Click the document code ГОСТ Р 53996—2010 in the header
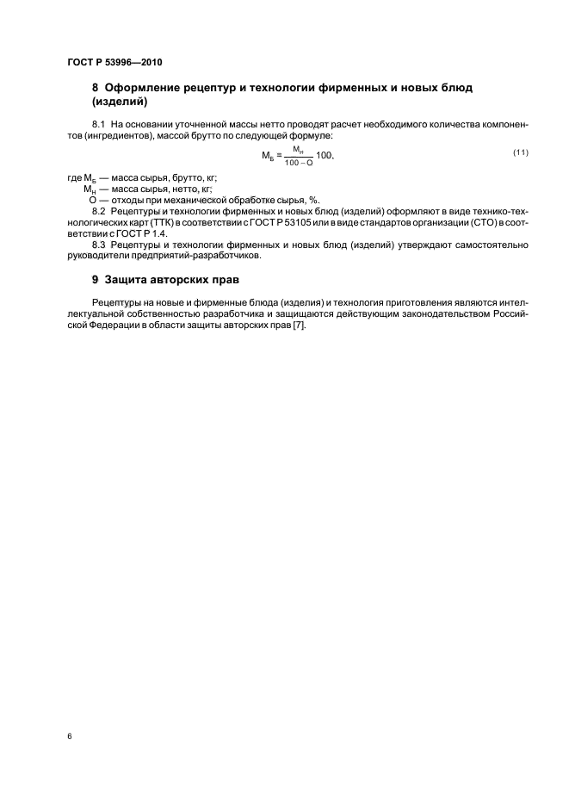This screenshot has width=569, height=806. (114, 62)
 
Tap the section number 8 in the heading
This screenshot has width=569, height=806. (95, 88)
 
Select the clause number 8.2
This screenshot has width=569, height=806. (97, 210)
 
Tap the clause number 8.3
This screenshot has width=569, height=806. (97, 245)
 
